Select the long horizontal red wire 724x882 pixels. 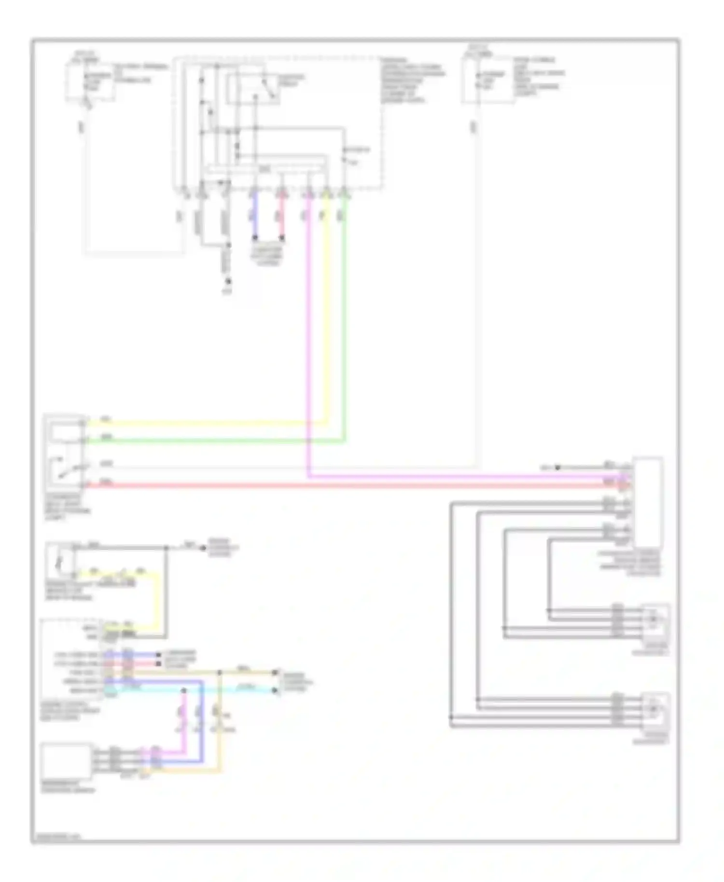[x=338, y=484]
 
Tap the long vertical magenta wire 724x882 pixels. [x=308, y=338]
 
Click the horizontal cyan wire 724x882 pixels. [x=193, y=690]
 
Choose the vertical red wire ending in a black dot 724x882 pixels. [x=282, y=217]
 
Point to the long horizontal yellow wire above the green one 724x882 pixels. [x=203, y=424]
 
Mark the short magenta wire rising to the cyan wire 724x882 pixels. [x=184, y=719]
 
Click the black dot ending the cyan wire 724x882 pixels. [x=275, y=690]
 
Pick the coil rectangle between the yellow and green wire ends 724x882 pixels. [x=66, y=432]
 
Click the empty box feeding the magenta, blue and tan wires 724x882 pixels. [x=67, y=760]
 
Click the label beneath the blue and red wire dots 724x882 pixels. [x=268, y=255]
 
